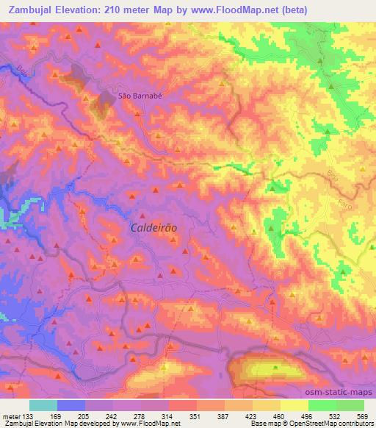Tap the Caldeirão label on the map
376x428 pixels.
153,228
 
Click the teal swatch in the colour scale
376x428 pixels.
43,405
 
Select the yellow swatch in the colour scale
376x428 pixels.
294,405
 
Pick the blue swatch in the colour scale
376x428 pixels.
71,405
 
